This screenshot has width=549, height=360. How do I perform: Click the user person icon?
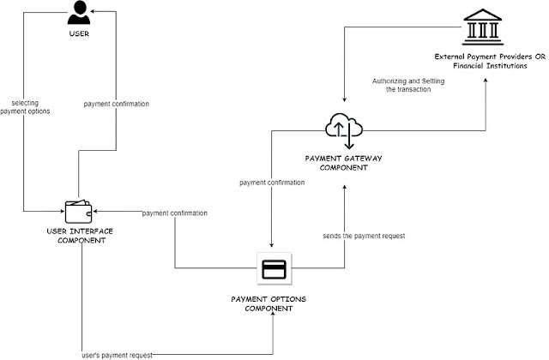coord(79,13)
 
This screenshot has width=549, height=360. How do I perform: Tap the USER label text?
coord(79,33)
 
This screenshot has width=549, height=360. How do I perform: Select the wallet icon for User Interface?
coord(78,212)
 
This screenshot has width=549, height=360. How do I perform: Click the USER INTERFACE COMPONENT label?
coord(80,236)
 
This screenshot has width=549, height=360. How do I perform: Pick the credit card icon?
coord(274,268)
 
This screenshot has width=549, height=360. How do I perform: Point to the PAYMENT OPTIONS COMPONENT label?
coord(268,303)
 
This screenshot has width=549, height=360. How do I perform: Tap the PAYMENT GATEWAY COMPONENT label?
coord(343,163)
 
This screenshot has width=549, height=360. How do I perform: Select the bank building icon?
coord(483,27)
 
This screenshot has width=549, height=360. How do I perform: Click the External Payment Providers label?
coord(490,61)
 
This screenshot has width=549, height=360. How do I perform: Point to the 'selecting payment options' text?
coord(25,107)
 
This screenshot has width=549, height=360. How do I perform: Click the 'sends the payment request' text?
coord(364,236)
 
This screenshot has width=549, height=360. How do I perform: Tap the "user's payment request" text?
coord(117,356)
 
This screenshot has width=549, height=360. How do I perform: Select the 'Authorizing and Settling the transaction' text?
coord(408,85)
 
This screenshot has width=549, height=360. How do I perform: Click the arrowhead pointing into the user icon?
coord(93,11)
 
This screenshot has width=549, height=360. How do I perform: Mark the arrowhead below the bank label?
coord(486,81)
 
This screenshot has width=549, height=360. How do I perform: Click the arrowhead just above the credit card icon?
coord(271,245)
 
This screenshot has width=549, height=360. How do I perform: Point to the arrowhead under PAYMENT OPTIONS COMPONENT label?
coord(273,314)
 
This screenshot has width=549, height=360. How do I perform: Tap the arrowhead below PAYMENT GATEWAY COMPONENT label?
coord(344,188)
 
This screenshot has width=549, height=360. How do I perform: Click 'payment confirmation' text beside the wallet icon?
coord(175,213)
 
